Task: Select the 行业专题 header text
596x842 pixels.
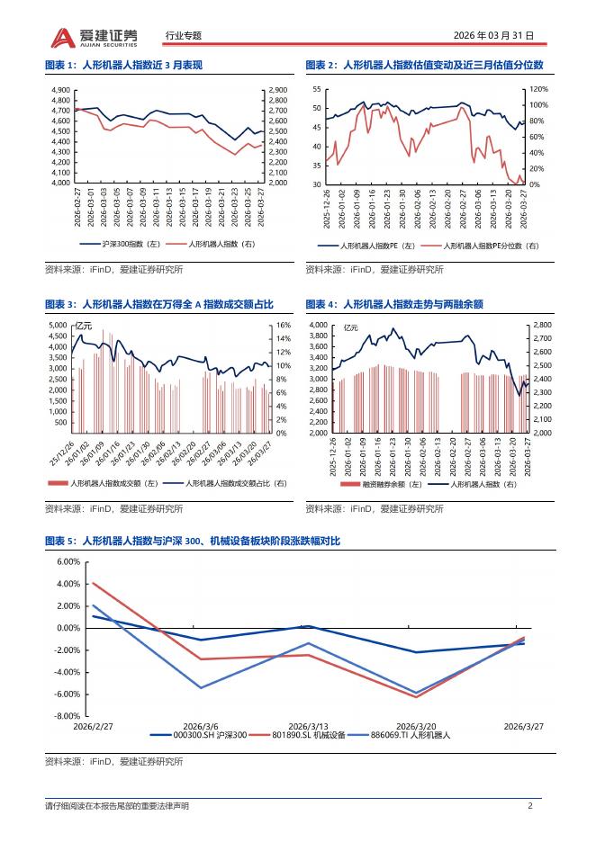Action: pos(185,36)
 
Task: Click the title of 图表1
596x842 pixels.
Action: pos(123,65)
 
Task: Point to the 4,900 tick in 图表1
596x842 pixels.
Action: pos(61,90)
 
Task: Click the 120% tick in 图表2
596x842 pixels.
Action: pos(537,90)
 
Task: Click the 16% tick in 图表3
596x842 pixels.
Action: pos(281,325)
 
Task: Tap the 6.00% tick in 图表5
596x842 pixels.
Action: pos(68,561)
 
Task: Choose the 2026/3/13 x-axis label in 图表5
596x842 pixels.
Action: pos(307,725)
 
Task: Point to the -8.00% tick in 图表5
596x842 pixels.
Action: pos(68,716)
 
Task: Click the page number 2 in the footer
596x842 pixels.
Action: pos(530,806)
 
